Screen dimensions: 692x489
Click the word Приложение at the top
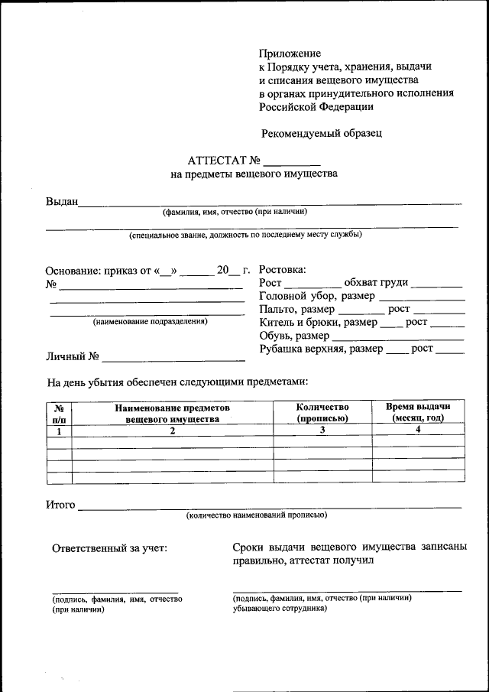(x=290, y=54)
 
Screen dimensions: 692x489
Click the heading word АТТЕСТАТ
(x=217, y=161)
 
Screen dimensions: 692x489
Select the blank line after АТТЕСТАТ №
(x=292, y=163)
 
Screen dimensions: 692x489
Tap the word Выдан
(x=62, y=202)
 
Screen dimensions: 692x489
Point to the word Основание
(x=79, y=271)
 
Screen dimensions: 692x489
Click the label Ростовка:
(x=283, y=270)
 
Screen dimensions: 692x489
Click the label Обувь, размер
(x=294, y=336)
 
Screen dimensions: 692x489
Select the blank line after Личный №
(x=173, y=358)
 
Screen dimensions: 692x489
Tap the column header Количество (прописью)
(x=322, y=413)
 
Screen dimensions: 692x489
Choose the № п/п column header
(x=59, y=413)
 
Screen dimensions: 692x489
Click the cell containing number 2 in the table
(x=173, y=430)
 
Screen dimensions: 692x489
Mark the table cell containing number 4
(x=418, y=430)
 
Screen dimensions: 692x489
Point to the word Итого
(x=61, y=505)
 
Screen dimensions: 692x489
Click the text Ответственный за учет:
(x=108, y=547)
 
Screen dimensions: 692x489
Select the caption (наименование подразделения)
(x=150, y=322)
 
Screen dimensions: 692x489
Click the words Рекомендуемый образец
(x=321, y=133)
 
